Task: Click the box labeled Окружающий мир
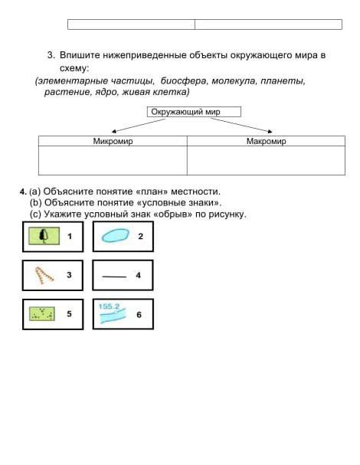coord(194,112)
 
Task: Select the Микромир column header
coord(113,141)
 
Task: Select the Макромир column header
coord(266,141)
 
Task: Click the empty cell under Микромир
coord(113,160)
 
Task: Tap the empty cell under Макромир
coord(266,160)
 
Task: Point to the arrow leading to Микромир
coord(138,126)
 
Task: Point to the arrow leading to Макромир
coord(241,125)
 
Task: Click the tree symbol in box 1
coord(44,236)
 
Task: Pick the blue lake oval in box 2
coord(116,235)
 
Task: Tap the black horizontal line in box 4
coord(114,277)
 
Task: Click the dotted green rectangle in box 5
coord(42,314)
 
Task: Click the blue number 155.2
coord(109,306)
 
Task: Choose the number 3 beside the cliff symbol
coord(69,275)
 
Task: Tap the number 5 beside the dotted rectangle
coord(69,314)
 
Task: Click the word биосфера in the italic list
coord(183,81)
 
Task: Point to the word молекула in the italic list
coord(234,81)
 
